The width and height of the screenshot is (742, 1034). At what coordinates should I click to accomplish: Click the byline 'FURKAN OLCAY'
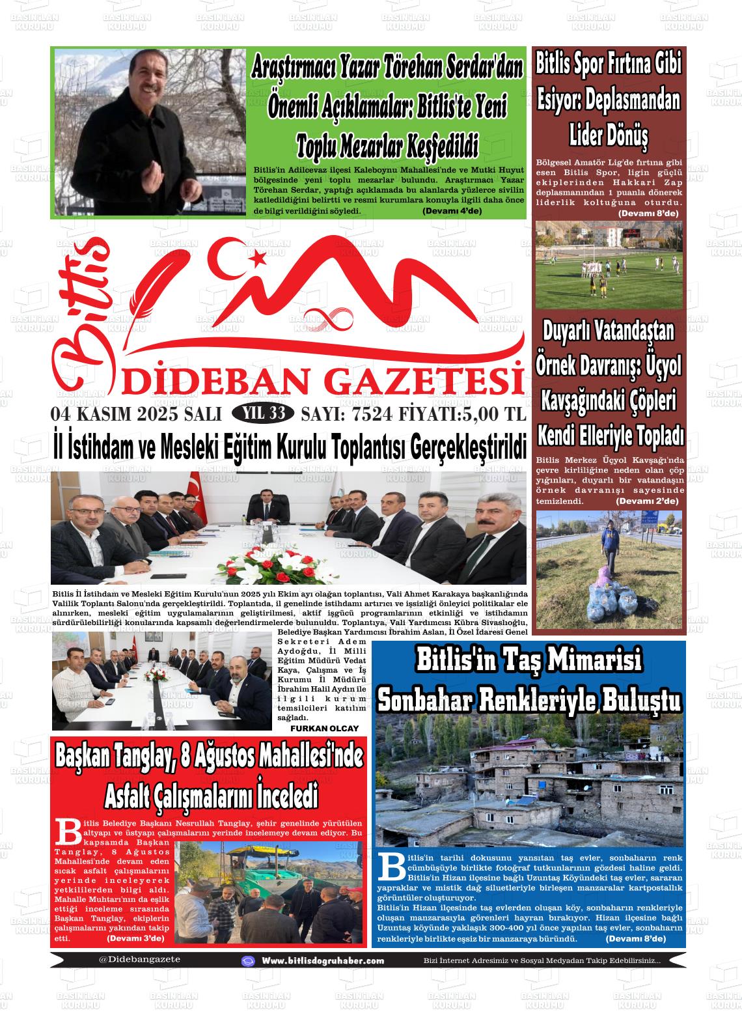(x=324, y=727)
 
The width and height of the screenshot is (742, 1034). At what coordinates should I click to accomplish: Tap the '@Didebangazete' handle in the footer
(x=139, y=959)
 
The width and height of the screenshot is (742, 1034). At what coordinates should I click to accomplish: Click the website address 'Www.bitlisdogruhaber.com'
(x=322, y=960)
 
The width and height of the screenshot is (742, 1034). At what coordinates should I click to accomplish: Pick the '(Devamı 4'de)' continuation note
(x=452, y=211)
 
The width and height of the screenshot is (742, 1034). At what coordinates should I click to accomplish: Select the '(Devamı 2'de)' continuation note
(x=647, y=501)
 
